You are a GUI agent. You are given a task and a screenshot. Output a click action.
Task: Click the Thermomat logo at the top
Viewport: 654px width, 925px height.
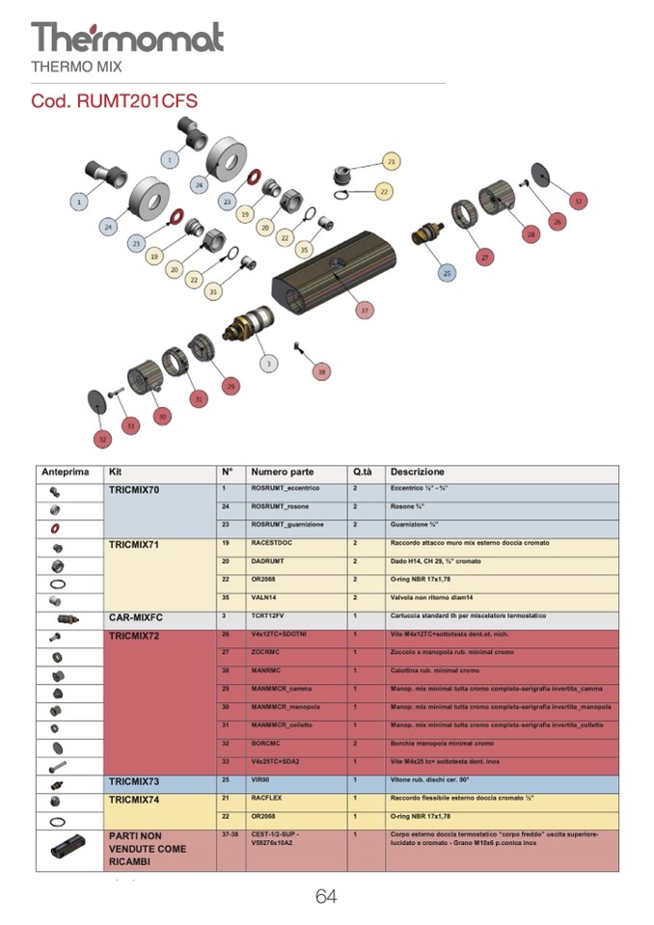pos(127,38)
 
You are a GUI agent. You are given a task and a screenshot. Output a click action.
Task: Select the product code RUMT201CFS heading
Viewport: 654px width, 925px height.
pos(115,100)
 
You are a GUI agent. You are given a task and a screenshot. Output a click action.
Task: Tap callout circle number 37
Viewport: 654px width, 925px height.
pos(364,311)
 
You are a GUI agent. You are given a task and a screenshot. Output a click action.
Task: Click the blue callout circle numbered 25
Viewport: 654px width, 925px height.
pos(447,274)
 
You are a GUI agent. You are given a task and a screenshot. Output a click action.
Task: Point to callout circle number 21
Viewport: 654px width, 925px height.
pos(391,161)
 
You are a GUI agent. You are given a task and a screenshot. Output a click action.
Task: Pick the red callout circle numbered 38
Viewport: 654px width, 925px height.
pos(322,371)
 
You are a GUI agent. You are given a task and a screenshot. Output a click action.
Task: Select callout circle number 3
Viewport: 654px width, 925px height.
pos(269,363)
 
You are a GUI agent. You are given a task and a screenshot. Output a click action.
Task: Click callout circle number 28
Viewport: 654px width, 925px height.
pos(530,234)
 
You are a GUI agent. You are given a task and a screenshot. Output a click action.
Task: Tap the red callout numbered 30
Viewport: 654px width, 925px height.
pos(163,416)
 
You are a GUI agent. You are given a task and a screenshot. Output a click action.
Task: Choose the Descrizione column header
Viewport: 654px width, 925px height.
pos(418,473)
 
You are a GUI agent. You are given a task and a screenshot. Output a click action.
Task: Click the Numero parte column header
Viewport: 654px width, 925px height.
pos(282,473)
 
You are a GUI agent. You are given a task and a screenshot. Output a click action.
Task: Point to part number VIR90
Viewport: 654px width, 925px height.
pos(261,782)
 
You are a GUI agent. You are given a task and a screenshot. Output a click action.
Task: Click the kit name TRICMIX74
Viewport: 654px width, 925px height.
pos(134,800)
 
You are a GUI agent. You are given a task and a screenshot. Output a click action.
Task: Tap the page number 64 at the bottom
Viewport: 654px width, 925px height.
pos(326,897)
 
